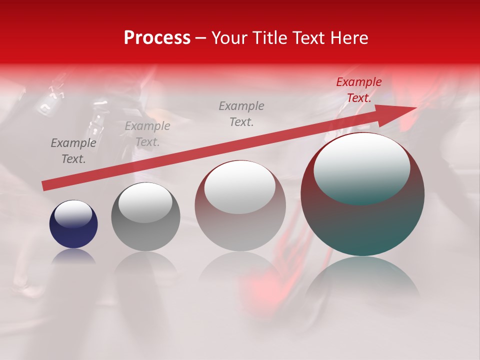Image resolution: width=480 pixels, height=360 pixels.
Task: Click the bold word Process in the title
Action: click(x=157, y=38)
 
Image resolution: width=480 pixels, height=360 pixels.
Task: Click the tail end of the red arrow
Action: click(x=44, y=186)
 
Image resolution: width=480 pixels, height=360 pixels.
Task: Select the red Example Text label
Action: click(x=358, y=90)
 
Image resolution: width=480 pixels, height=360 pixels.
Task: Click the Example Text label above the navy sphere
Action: click(x=73, y=151)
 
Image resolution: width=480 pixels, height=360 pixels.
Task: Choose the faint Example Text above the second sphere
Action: click(x=147, y=134)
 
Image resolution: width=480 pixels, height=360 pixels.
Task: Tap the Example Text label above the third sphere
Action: click(x=241, y=113)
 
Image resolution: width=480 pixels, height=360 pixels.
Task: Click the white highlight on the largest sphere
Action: click(x=362, y=167)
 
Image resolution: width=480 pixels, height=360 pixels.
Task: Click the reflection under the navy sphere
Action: click(x=73, y=256)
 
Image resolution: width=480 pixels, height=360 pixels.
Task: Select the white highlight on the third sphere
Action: click(x=240, y=186)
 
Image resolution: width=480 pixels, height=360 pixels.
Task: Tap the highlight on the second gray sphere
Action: click(x=145, y=202)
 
